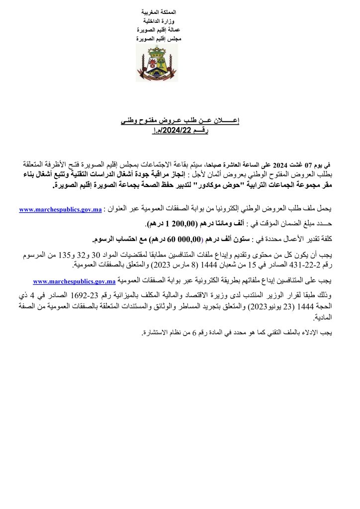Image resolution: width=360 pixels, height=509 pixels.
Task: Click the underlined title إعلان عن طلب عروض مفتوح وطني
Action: click(x=180, y=121)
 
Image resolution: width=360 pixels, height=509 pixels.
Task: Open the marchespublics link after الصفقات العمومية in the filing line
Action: click(x=74, y=281)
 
